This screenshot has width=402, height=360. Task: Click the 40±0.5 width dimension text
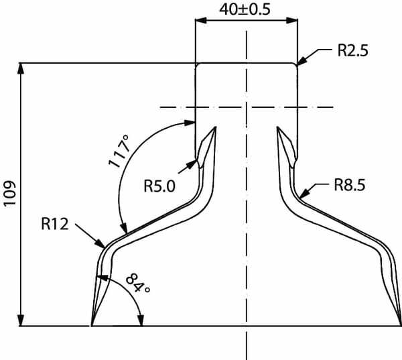pyautogui.click(x=245, y=10)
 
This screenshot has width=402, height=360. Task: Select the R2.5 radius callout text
pyautogui.click(x=353, y=50)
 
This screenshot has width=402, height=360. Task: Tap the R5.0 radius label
pyautogui.click(x=159, y=186)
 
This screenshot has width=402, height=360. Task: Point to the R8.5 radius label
pyautogui.click(x=350, y=185)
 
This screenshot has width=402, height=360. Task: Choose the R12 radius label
pyautogui.click(x=55, y=224)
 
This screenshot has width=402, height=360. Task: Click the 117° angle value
pyautogui.click(x=119, y=152)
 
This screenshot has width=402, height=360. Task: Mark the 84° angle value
pyautogui.click(x=138, y=283)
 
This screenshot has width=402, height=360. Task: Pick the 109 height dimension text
pyautogui.click(x=10, y=193)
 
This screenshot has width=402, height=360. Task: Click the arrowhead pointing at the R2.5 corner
pyautogui.click(x=303, y=60)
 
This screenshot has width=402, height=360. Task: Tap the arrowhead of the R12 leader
pyautogui.click(x=100, y=243)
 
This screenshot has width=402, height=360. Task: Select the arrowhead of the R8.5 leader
pyautogui.click(x=304, y=193)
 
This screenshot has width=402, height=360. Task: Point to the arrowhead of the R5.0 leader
pyautogui.click(x=192, y=164)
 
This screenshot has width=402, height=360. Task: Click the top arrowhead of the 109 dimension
pyautogui.click(x=21, y=68)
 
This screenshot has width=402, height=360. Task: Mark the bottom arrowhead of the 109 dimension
pyautogui.click(x=21, y=320)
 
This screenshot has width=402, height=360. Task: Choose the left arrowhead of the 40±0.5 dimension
pyautogui.click(x=201, y=21)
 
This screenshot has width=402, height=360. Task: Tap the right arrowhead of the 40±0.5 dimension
pyautogui.click(x=291, y=21)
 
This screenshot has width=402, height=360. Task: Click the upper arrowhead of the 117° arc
pyautogui.click(x=190, y=123)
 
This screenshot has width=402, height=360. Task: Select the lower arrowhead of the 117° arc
pyautogui.click(x=123, y=228)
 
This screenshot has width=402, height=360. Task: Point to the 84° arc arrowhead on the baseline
pyautogui.click(x=141, y=320)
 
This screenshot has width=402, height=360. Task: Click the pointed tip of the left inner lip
pyautogui.click(x=216, y=127)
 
